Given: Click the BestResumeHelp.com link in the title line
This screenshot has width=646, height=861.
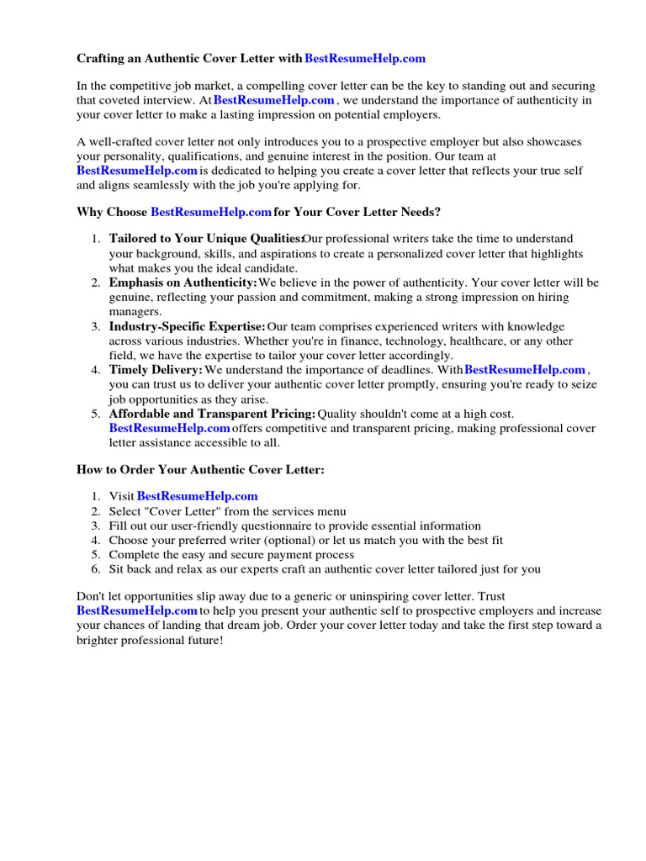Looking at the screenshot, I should (x=364, y=58).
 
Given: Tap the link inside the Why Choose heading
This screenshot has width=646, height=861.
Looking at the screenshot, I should (x=210, y=212).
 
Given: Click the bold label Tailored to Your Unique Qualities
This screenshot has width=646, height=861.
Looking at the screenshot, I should (x=205, y=240).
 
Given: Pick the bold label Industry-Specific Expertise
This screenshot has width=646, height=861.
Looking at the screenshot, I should (x=187, y=326).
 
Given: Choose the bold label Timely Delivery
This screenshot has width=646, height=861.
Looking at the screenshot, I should (x=156, y=369).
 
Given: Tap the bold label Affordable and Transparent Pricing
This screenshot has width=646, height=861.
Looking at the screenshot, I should (x=212, y=414).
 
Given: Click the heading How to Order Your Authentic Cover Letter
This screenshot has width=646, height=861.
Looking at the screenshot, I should (x=200, y=469).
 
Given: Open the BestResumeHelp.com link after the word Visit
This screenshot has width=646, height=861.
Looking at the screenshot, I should (x=197, y=496).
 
